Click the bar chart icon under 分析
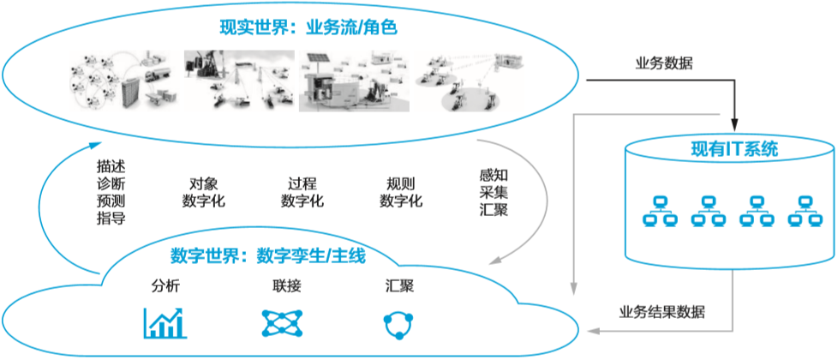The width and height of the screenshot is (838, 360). coord(165,321)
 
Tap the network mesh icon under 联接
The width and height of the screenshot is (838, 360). coord(284,321)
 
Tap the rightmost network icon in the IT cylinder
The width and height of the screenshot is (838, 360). coord(805,211)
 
